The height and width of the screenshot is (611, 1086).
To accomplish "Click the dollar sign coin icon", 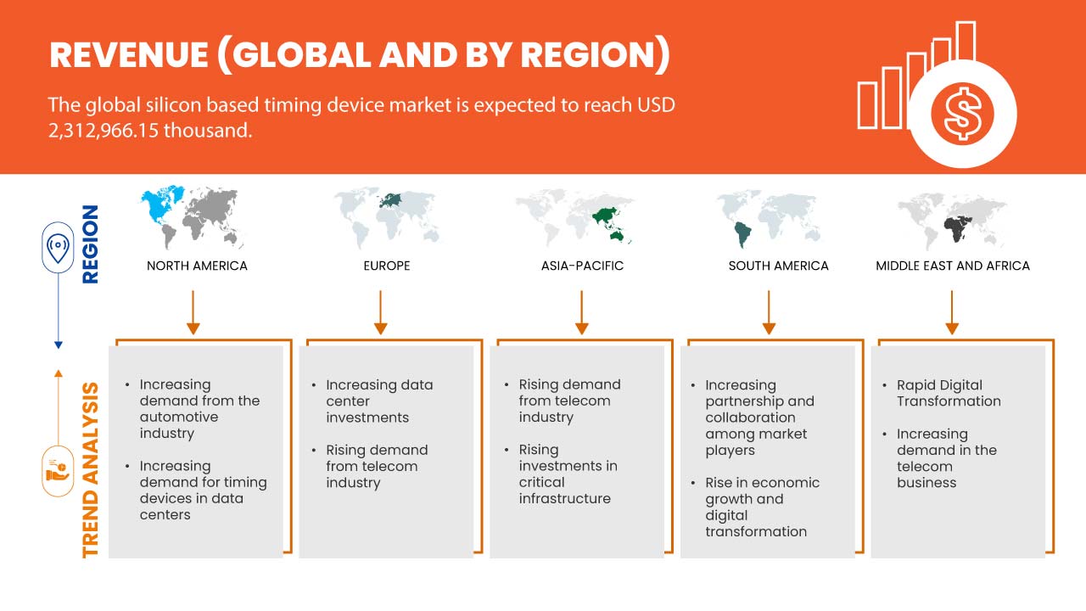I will [961, 114].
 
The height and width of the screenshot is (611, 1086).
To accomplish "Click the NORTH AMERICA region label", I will [197, 266].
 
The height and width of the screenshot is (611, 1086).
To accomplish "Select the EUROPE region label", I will [386, 266].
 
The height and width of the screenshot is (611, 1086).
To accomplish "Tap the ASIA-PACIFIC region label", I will [582, 266].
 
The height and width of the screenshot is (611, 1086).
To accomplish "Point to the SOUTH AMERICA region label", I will [778, 266].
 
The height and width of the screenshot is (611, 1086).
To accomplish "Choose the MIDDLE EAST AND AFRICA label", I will [952, 266].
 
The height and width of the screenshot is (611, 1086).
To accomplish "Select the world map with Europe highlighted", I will [387, 216].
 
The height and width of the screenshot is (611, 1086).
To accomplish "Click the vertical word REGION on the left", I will [90, 244].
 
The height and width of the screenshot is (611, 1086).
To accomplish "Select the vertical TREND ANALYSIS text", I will [90, 469].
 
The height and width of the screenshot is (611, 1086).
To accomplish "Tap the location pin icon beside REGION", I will [58, 249].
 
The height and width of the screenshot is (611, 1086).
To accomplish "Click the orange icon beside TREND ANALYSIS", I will [58, 470].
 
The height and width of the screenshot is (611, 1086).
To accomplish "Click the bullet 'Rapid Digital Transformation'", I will [948, 393].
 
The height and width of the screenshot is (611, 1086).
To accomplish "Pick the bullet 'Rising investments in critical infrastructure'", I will [568, 474].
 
